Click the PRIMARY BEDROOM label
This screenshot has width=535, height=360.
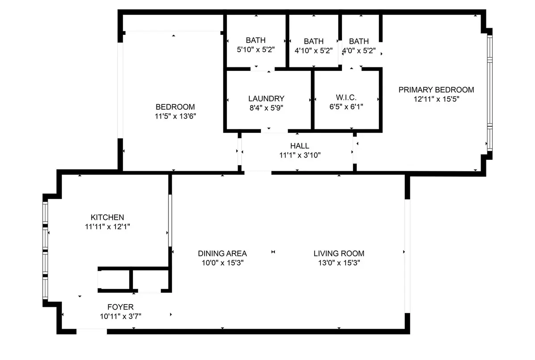pyautogui.click(x=436, y=90)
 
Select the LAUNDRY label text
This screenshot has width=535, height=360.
pyautogui.click(x=266, y=99)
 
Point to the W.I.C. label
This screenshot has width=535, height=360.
pyautogui.click(x=346, y=98)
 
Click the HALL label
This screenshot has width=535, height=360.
pyautogui.click(x=299, y=146)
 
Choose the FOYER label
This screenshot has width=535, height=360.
pyautogui.click(x=120, y=307)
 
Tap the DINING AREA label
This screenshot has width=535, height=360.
pyautogui.click(x=222, y=253)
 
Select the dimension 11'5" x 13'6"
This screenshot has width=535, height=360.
pyautogui.click(x=175, y=116)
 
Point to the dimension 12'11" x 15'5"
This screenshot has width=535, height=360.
pyautogui.click(x=436, y=99)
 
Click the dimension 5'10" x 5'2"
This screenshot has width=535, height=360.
pyautogui.click(x=255, y=50)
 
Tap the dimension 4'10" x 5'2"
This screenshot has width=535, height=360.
pyautogui.click(x=313, y=50)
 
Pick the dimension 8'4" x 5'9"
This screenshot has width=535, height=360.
pyautogui.click(x=266, y=108)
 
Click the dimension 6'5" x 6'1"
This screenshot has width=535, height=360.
pyautogui.click(x=346, y=107)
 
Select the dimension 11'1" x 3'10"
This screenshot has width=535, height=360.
pyautogui.click(x=299, y=155)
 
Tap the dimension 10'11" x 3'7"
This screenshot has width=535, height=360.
pyautogui.click(x=120, y=316)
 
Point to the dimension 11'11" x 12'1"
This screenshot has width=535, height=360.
pyautogui.click(x=107, y=227)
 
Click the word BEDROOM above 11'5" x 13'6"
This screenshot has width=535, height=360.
pyautogui.click(x=175, y=107)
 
